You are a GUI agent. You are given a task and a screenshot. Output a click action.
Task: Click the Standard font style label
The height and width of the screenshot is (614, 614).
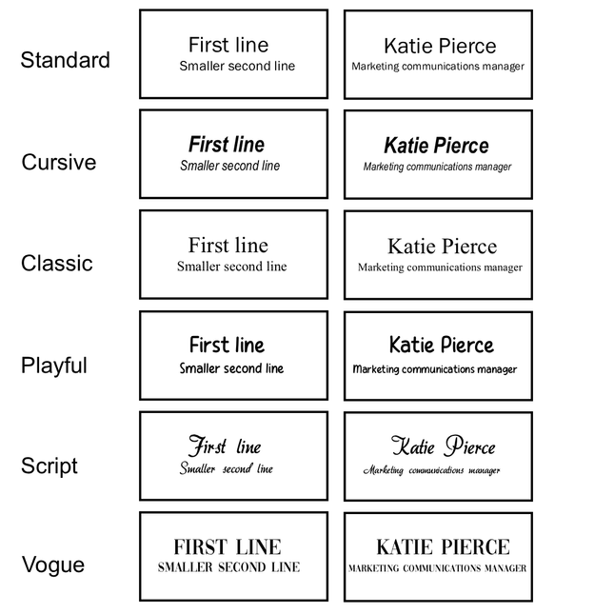[x=65, y=60]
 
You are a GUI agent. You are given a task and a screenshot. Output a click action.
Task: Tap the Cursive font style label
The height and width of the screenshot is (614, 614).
[x=59, y=162]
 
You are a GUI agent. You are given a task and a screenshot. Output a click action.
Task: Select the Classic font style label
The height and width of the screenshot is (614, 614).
[x=57, y=263]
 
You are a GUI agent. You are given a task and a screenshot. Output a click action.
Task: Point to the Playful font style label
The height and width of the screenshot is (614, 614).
[x=54, y=366]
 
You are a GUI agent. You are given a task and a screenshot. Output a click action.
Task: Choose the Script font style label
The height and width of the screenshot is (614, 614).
[x=50, y=466]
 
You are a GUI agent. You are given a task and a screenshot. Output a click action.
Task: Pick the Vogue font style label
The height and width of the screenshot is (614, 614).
[x=53, y=564]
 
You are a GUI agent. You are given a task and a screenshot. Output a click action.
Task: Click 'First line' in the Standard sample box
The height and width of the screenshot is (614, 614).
[x=228, y=45]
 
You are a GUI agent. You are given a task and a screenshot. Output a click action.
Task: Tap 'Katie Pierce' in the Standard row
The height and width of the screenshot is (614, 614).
[x=440, y=46]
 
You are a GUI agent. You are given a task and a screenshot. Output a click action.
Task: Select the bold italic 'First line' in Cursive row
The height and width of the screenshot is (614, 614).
[x=227, y=144]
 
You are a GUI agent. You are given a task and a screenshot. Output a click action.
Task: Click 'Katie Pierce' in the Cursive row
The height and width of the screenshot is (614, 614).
[x=436, y=146]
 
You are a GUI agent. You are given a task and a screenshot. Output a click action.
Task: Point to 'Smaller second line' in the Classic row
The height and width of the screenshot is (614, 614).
[x=232, y=267]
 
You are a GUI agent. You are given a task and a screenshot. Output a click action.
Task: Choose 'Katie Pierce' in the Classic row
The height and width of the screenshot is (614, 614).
[x=443, y=247]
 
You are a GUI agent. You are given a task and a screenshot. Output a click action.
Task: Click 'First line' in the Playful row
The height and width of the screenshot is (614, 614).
[x=228, y=345]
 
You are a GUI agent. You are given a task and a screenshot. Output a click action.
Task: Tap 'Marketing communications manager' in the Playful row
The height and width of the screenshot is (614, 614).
[x=435, y=369]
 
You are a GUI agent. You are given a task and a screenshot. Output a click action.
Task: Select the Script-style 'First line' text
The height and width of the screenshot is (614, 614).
[x=225, y=446]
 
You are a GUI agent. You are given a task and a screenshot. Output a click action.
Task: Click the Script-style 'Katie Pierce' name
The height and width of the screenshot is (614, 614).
[x=444, y=446]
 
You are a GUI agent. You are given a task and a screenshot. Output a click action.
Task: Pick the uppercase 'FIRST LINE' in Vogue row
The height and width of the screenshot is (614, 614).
[x=228, y=546]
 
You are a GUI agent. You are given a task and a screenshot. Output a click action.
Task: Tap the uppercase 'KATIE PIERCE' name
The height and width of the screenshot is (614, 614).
[x=444, y=546]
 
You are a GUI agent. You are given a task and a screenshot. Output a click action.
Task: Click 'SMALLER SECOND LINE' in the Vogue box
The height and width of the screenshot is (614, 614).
[x=229, y=567]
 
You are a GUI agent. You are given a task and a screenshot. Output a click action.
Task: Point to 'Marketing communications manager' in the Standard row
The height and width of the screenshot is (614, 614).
[x=438, y=67]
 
